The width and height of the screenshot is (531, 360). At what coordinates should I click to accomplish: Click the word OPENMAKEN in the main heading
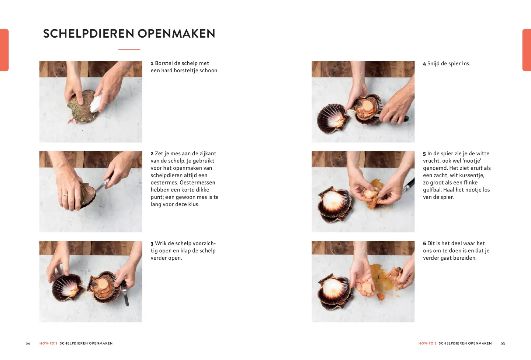pos(176,34)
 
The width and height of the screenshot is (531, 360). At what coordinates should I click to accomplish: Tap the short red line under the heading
pos(129,49)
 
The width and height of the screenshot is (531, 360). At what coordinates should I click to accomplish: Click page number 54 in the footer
pos(28,343)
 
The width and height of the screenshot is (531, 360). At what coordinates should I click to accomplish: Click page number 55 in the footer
pos(503,343)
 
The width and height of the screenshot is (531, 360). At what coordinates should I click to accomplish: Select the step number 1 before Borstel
pos(152,64)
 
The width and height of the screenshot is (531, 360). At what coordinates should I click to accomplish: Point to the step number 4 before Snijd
pos(424,64)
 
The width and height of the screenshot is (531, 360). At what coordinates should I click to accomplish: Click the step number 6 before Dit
pos(424,244)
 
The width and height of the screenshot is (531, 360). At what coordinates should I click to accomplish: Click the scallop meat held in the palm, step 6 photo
pos(367,289)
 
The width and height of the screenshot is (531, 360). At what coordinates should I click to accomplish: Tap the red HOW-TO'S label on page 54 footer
pos(48,343)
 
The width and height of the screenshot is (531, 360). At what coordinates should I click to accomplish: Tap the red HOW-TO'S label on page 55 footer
pos(427,343)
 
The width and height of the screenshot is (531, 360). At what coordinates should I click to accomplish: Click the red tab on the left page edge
pos(4,50)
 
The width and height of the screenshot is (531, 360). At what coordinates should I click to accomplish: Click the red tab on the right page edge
pos(527,50)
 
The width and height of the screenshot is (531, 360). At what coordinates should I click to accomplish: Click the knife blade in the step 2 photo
pos(100,188)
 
